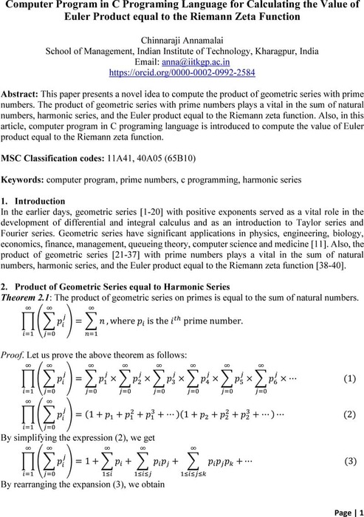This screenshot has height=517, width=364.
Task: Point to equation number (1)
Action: (350, 379)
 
